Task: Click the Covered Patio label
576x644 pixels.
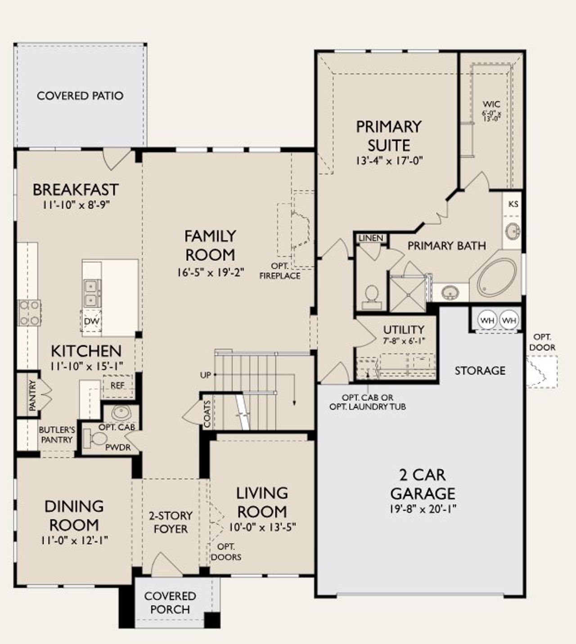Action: pos(80,95)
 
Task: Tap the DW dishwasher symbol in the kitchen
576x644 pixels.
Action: pos(92,321)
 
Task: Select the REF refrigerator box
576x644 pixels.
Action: pos(117,386)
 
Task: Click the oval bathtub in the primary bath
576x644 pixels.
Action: pos(497,277)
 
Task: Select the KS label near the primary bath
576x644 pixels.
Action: pos(513,204)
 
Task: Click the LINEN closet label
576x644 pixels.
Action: pos(371,238)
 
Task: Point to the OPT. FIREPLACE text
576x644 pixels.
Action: pos(279,271)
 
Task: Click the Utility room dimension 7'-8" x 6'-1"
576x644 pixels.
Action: pos(404,341)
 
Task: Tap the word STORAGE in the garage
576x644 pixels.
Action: pos(480,371)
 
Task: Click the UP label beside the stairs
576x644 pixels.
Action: pos(205,375)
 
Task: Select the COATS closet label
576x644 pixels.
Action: pos(207,414)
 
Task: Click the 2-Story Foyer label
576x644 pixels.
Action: pos(170,522)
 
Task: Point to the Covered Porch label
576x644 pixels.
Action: pos(170,603)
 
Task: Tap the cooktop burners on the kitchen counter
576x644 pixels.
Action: pos(29,313)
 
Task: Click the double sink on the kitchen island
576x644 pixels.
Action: pos(92,293)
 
